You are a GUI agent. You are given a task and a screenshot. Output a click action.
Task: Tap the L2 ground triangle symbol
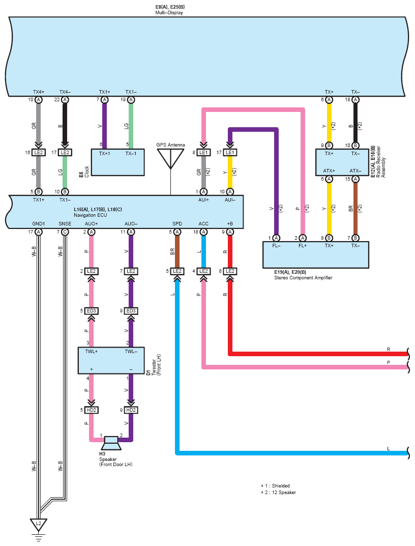(x=38, y=525)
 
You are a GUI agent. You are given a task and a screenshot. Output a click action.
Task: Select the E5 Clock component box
(x=117, y=162)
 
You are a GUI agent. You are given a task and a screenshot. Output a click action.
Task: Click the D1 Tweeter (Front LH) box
(x=111, y=360)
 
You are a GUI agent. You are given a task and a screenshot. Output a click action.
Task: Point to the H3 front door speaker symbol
(x=111, y=443)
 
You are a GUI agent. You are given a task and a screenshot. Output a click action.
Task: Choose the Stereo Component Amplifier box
(x=316, y=255)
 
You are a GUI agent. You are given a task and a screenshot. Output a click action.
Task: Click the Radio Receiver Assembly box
(x=342, y=162)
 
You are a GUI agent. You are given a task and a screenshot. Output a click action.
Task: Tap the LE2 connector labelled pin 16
(x=38, y=153)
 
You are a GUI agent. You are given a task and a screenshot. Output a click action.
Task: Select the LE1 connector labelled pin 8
(x=203, y=153)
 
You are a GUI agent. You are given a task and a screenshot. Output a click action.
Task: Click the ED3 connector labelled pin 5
(x=91, y=310)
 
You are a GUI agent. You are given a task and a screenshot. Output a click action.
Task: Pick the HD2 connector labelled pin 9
(x=131, y=410)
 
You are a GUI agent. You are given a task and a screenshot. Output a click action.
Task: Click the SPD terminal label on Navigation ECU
(x=177, y=223)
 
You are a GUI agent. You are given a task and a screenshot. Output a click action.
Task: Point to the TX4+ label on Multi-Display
(x=39, y=92)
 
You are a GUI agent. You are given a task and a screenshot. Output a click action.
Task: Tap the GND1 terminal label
(x=38, y=223)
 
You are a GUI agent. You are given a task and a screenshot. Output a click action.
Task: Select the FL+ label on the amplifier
(x=303, y=246)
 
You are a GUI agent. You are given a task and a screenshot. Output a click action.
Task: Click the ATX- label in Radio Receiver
(x=355, y=170)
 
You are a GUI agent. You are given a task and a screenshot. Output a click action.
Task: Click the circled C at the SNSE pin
(x=65, y=232)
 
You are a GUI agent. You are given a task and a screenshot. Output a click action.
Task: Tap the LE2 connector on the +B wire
(x=230, y=271)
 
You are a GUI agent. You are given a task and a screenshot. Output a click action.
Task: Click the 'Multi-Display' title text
(x=169, y=13)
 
